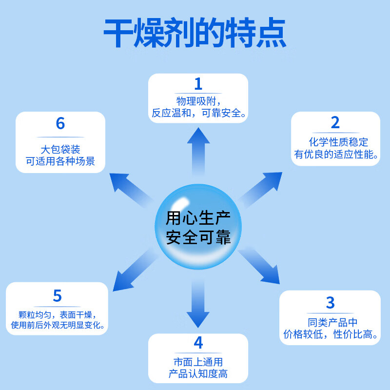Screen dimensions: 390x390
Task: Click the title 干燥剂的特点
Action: point(195,33)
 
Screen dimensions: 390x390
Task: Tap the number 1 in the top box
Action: point(198,84)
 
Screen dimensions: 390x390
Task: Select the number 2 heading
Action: point(335,122)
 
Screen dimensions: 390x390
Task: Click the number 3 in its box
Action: point(331,302)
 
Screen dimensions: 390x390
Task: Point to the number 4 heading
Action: point(198,343)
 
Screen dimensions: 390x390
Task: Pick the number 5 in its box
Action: point(58,295)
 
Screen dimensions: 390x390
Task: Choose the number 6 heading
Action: point(60,123)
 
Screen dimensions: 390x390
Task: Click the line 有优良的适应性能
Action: point(336,155)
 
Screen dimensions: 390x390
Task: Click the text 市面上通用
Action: point(198,362)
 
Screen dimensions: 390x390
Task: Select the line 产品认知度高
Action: point(198,374)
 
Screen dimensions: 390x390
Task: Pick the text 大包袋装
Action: point(60,149)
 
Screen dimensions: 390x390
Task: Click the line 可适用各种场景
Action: point(60,161)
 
